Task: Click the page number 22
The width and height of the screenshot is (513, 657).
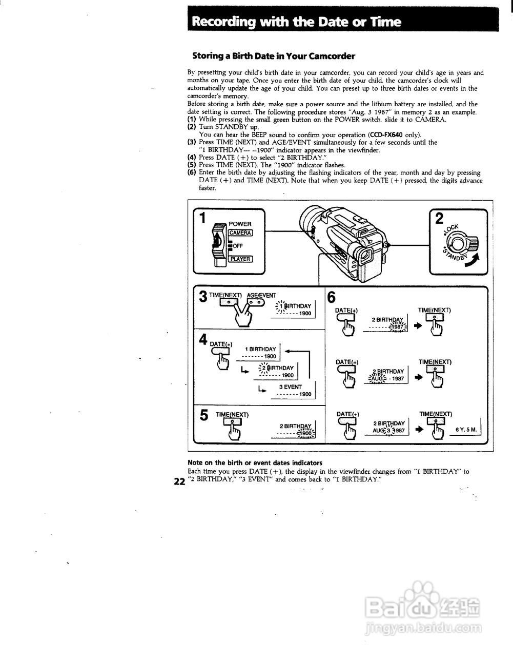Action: click(179, 481)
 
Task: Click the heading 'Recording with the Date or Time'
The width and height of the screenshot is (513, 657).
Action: click(296, 22)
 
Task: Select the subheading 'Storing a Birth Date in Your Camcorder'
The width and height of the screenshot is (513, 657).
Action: click(273, 56)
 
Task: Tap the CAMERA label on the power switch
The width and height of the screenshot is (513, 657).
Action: click(240, 233)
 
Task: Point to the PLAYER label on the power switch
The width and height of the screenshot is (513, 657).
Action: click(240, 259)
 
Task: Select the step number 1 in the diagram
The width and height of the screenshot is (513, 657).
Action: click(202, 218)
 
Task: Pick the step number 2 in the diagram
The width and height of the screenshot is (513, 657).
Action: click(439, 219)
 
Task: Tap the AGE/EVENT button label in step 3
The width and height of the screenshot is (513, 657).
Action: click(261, 295)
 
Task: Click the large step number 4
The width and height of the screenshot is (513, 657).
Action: click(203, 340)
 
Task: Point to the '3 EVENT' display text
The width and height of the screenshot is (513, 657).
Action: click(290, 387)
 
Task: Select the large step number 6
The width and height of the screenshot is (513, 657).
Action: click(332, 297)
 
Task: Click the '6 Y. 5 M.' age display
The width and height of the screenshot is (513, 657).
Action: click(466, 430)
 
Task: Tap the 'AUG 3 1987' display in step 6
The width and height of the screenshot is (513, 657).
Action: click(388, 431)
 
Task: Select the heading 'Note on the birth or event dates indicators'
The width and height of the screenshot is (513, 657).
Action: click(255, 462)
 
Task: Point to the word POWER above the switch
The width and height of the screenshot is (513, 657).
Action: click(240, 224)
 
